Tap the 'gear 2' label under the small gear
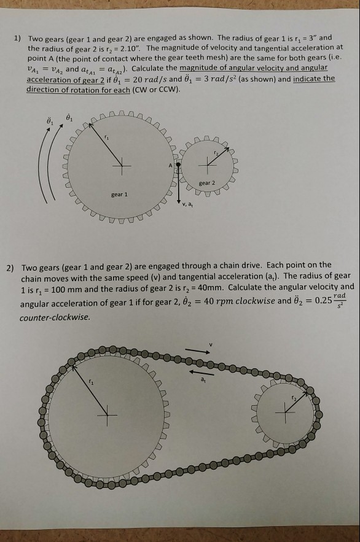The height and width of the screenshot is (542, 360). [207, 183]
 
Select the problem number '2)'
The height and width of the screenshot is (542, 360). [10, 268]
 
